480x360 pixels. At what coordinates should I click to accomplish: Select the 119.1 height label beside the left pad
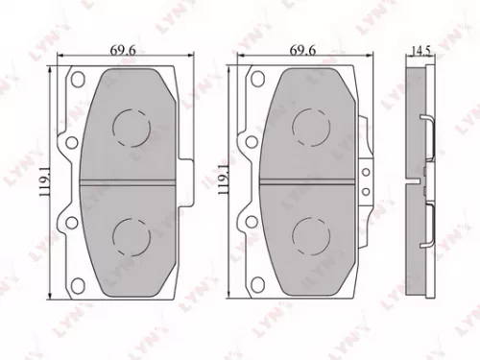pos(41,180)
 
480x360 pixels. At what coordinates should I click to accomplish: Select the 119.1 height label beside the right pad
pos(223,180)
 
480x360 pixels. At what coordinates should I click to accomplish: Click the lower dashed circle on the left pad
pos(130,234)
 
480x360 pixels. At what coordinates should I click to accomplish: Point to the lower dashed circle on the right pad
pos(308,234)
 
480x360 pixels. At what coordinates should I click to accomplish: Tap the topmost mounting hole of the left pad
pos(78,80)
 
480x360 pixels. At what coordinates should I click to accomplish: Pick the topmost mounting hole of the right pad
pos(256,80)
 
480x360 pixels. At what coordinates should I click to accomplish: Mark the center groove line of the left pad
pos(130,180)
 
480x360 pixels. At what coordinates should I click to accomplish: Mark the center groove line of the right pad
pos(308,180)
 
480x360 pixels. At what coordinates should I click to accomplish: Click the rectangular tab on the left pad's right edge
pos(189,180)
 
